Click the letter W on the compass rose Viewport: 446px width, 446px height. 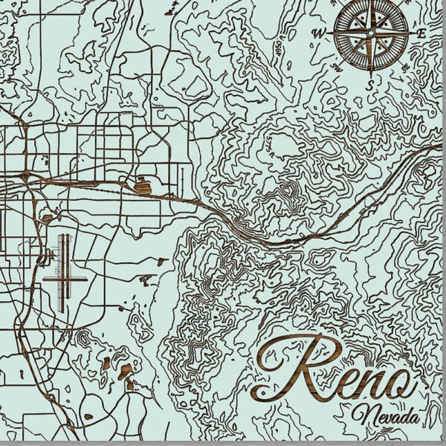coord(319,33)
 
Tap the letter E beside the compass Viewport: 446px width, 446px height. coord(421,33)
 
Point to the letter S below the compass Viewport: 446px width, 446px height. coord(370,84)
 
